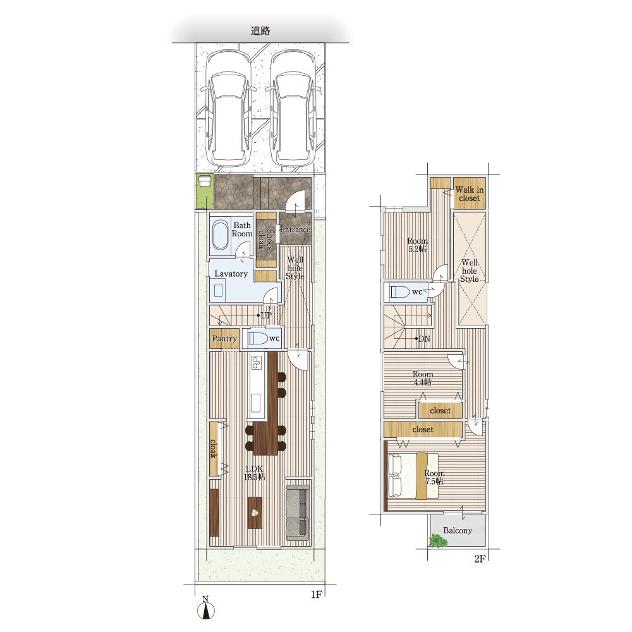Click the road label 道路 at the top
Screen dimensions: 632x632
point(260,30)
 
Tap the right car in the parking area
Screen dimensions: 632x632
point(291,109)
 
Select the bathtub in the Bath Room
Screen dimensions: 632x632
point(220,234)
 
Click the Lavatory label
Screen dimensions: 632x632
point(231,274)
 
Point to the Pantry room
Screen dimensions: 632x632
point(224,339)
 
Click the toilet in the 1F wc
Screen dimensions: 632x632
point(258,338)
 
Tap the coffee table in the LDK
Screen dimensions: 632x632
point(255,513)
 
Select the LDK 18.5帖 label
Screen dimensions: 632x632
point(254,473)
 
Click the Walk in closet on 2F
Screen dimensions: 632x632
point(469,193)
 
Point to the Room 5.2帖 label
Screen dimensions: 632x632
point(417,245)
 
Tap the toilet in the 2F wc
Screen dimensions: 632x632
point(400,291)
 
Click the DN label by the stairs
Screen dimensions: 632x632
point(423,339)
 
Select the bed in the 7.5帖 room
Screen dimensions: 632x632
point(413,476)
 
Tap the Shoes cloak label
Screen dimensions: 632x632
point(266,240)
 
